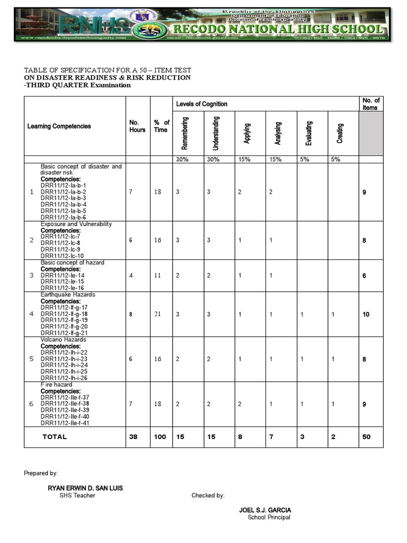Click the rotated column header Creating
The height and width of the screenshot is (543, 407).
[x=340, y=133]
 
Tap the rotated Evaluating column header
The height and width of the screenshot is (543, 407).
[x=309, y=133]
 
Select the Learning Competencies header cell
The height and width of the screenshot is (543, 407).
[x=59, y=126]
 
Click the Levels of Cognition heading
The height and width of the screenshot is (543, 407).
[x=202, y=104]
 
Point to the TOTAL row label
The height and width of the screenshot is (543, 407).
[x=55, y=437]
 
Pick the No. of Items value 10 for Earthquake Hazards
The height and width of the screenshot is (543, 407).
[x=366, y=314]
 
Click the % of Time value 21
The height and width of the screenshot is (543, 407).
[x=157, y=314]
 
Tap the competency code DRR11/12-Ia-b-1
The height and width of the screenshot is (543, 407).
[x=63, y=186]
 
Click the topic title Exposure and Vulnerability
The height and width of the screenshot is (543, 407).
[x=76, y=224]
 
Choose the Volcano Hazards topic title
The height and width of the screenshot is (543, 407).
[x=63, y=340]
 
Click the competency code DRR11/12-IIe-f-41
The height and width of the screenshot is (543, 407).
[x=65, y=423]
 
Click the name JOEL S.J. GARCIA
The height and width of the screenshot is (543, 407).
[x=265, y=510]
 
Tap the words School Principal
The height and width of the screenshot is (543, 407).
[x=269, y=518]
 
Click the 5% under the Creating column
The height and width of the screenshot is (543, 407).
[x=335, y=160]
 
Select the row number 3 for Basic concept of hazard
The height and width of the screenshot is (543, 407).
[x=31, y=275]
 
